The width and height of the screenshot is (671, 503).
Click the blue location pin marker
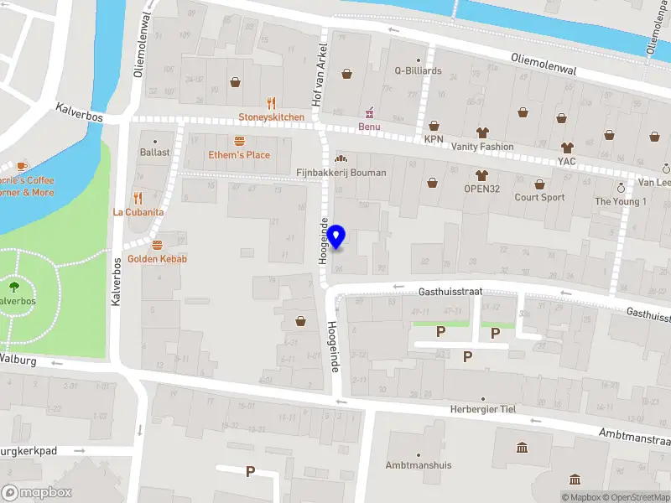(336, 236)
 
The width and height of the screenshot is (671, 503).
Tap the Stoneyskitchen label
(271, 117)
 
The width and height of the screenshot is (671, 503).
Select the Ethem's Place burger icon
(239, 141)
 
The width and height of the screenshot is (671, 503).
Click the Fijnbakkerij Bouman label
(341, 173)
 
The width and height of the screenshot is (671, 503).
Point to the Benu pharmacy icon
(369, 113)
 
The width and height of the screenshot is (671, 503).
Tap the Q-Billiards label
(418, 71)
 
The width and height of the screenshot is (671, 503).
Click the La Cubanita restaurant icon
(138, 199)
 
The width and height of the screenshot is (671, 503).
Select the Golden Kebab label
(157, 259)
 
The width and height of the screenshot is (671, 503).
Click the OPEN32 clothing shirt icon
(481, 175)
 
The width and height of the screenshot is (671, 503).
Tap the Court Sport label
(539, 198)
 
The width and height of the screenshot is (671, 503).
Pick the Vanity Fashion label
(481, 147)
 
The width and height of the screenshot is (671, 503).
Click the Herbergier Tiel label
(484, 409)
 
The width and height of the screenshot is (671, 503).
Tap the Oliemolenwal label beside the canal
(544, 65)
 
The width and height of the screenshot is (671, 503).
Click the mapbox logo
(37, 493)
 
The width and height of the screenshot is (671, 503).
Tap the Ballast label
(154, 153)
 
